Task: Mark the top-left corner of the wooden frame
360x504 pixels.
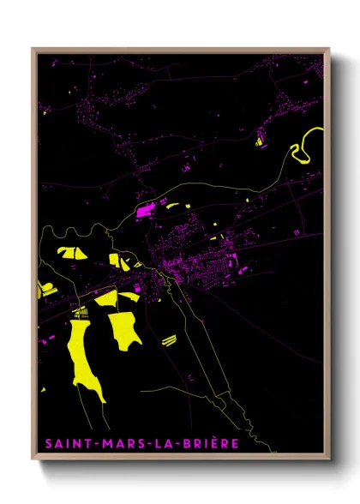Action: point(33,49)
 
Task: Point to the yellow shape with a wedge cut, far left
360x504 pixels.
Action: point(69,252)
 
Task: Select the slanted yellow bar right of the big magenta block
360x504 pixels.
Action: point(172,206)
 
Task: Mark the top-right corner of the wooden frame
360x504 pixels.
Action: point(328,49)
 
